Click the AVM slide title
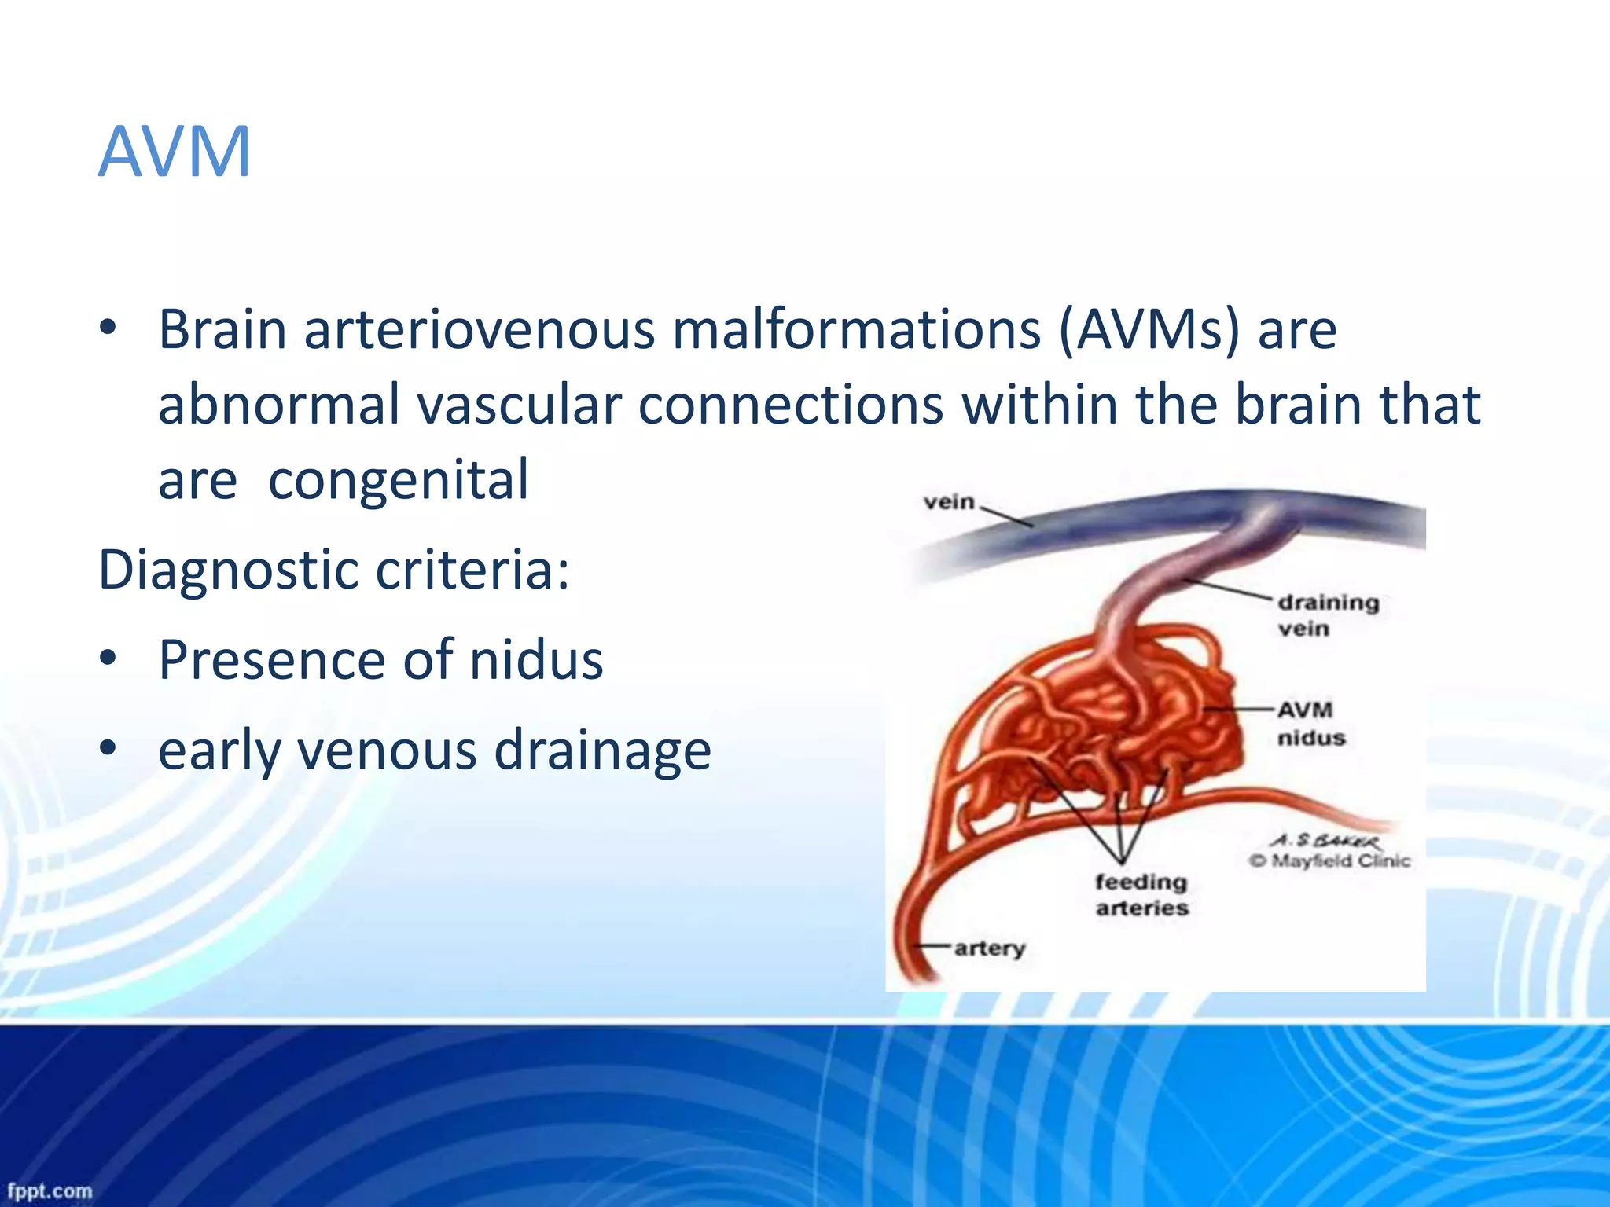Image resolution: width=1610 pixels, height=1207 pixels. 175,151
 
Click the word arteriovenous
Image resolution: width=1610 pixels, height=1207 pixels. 479,329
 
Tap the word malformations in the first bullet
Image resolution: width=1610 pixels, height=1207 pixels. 857,329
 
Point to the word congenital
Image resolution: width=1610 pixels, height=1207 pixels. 399,480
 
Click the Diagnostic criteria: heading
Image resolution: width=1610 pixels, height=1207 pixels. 333,570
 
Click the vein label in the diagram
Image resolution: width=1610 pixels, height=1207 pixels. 949,502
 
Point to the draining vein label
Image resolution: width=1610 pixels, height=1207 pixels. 1327,615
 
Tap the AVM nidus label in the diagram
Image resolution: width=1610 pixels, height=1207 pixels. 1310,724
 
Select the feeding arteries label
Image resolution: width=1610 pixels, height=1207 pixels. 1141,895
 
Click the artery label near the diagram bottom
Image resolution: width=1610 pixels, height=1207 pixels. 989,948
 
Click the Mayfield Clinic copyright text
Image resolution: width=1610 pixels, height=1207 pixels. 1330,861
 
